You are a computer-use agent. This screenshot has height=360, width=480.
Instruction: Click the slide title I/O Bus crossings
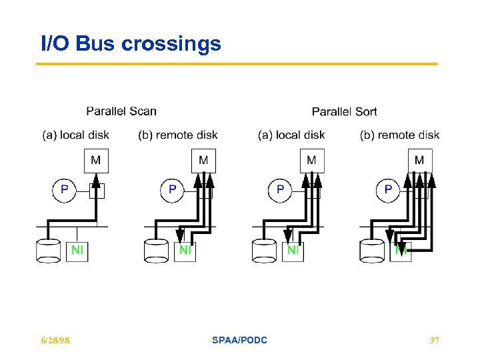[131, 44]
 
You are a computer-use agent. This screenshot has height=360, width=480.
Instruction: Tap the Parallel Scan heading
[121, 111]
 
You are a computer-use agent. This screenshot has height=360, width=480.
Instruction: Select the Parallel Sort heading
[344, 111]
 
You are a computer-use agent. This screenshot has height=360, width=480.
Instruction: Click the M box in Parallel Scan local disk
[96, 161]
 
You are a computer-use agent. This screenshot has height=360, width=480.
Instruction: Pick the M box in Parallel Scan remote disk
[203, 161]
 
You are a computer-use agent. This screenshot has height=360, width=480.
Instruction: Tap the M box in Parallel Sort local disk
[311, 161]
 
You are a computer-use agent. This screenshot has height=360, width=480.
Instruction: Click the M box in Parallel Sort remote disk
[419, 161]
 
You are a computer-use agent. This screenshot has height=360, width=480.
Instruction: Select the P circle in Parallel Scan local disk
[65, 189]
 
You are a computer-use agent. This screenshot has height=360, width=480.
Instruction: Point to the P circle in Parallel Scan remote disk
[173, 189]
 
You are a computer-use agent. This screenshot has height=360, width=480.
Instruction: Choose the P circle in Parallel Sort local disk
[280, 189]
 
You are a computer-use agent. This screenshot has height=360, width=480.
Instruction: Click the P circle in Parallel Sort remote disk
[388, 189]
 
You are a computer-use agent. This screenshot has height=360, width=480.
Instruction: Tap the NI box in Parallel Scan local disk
[77, 251]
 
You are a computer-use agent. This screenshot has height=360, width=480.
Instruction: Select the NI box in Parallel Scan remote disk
[185, 251]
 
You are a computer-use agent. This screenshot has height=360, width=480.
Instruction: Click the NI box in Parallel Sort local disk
[293, 251]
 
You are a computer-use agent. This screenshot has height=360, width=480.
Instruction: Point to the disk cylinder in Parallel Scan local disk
[49, 251]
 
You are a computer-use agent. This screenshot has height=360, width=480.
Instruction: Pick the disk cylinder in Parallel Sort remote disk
[372, 251]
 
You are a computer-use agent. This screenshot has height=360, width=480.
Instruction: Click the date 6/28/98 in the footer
[55, 341]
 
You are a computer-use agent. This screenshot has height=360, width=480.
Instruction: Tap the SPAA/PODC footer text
[239, 341]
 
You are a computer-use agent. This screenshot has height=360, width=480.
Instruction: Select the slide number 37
[434, 341]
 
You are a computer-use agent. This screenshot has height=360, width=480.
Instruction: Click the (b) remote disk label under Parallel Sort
[399, 135]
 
